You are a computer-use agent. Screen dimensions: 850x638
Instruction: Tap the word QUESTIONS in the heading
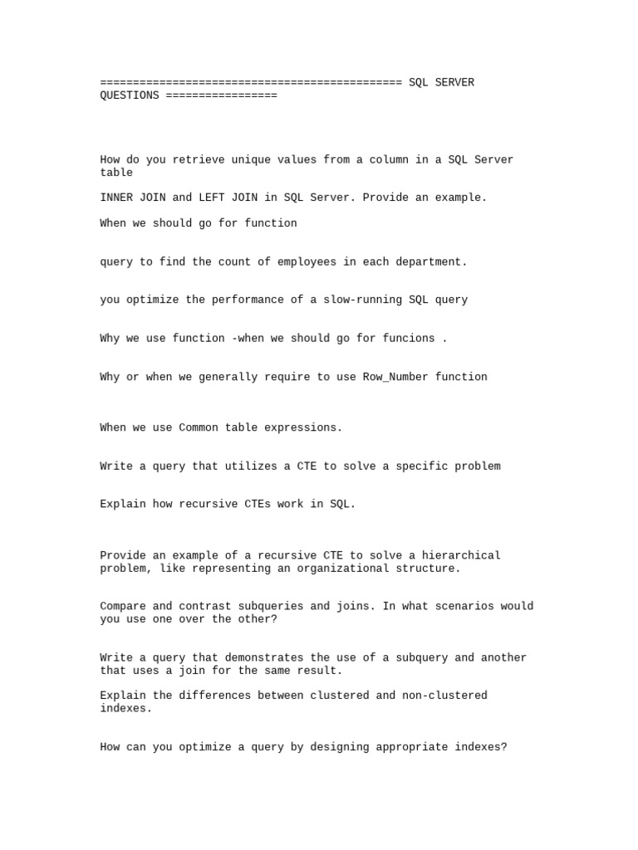[x=130, y=95]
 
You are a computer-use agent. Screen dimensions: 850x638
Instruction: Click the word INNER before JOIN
[x=116, y=198]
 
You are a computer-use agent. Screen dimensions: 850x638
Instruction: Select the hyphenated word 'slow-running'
[x=362, y=300]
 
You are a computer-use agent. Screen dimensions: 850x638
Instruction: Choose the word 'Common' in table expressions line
[x=199, y=427]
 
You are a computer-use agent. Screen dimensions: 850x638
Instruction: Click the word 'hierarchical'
[x=461, y=555]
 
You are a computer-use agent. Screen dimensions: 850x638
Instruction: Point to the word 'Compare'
[x=123, y=606]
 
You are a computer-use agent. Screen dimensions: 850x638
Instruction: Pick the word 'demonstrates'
[x=264, y=657]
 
